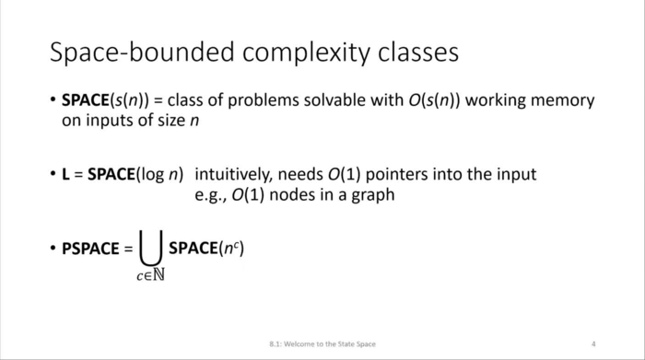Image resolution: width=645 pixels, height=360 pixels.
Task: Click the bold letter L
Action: point(66,174)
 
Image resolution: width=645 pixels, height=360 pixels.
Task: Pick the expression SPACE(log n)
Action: point(135,174)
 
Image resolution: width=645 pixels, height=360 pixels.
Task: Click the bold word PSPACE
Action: point(90,249)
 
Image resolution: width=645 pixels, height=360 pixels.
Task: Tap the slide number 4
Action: point(594,343)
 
